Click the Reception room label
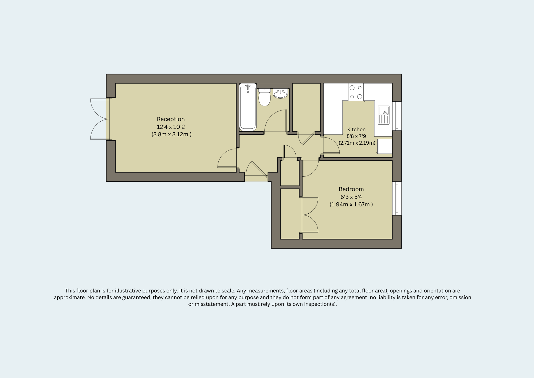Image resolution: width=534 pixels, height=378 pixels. [x=171, y=119]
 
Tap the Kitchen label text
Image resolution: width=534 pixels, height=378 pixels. [x=356, y=130]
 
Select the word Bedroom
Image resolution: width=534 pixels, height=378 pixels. [x=351, y=189]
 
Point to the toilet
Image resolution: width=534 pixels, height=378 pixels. [x=265, y=97]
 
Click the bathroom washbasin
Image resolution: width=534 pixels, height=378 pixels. [x=280, y=94]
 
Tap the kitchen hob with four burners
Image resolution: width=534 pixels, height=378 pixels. [x=356, y=92]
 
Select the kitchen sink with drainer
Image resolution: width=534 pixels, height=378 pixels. [x=384, y=115]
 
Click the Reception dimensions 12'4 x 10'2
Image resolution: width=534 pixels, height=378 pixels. [x=171, y=127]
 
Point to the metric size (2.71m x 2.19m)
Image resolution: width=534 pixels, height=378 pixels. [x=357, y=143]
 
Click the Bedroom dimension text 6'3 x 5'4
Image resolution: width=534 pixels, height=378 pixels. [x=351, y=197]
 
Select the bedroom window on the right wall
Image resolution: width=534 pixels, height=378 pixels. [x=397, y=198]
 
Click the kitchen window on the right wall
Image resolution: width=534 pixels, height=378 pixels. [x=397, y=116]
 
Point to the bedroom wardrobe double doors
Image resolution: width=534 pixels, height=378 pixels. [x=310, y=215]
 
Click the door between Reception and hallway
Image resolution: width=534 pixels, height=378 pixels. [x=227, y=158]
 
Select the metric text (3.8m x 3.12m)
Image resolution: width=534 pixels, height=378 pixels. [x=171, y=134]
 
